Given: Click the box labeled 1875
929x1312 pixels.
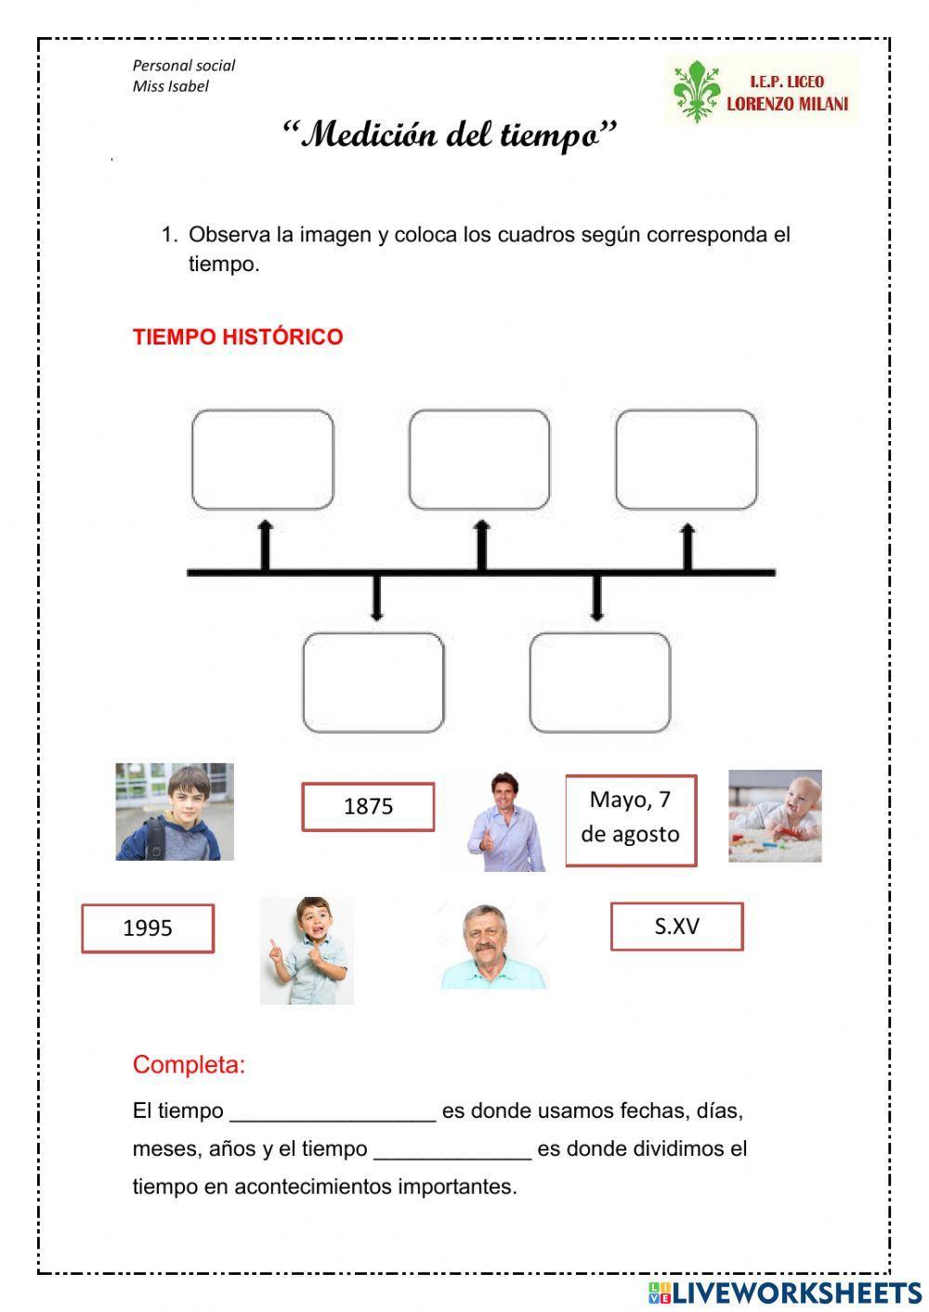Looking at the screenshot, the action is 368,807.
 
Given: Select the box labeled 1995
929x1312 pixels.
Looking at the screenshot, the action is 148,929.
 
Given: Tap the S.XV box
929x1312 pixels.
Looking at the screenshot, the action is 676,927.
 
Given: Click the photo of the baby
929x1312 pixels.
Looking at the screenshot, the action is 775,815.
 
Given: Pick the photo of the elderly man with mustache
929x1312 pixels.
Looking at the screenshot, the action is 492,946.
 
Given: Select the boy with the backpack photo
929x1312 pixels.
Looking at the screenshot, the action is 175,812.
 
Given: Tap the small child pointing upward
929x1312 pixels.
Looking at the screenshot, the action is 307,950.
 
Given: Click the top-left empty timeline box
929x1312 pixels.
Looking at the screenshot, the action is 263,460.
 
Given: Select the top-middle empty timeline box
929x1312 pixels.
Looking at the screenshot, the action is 479,460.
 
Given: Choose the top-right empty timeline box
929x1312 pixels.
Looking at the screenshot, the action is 687,460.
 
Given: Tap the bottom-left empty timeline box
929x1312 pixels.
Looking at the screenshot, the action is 373,682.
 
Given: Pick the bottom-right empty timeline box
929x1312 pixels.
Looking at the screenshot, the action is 600,682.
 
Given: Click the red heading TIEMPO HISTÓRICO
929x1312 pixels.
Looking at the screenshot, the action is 238,337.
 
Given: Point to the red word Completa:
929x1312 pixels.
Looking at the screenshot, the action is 189,1064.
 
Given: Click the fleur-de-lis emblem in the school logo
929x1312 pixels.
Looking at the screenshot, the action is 696,91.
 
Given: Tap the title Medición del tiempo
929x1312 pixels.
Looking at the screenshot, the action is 450,136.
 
